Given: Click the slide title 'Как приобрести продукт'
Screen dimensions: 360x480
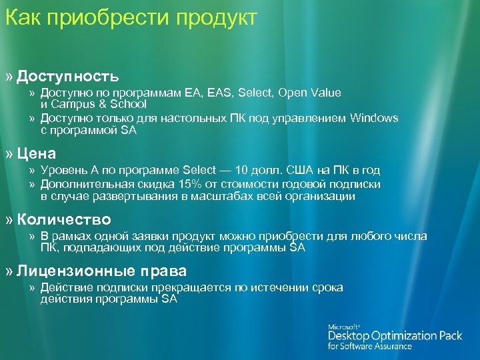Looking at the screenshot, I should coord(131,19).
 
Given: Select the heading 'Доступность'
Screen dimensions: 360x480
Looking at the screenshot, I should coord(68,76).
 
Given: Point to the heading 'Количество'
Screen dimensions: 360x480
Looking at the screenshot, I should coord(64,219).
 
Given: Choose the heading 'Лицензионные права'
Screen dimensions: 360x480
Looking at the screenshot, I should coord(102,271).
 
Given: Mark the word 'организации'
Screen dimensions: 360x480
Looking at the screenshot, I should coord(323,197).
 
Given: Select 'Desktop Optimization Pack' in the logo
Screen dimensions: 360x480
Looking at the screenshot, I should coord(395,336).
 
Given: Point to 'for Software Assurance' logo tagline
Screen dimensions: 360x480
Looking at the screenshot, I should coord(369,347).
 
